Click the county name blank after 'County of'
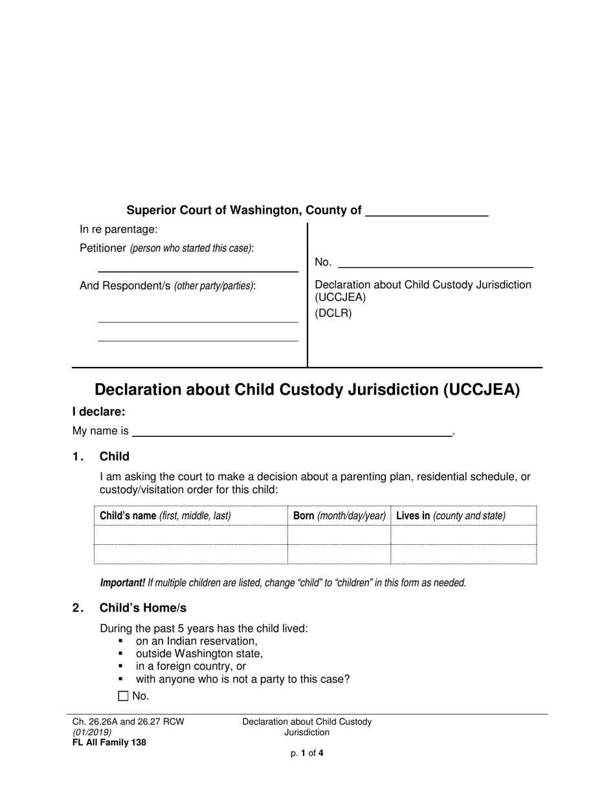pyautogui.click(x=427, y=211)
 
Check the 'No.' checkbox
pyautogui.click(x=124, y=696)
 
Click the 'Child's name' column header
pyautogui.click(x=165, y=516)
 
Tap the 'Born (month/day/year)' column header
pyautogui.click(x=339, y=516)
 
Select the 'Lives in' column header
pyautogui.click(x=451, y=516)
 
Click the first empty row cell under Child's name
pyautogui.click(x=191, y=535)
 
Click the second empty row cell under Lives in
pyautogui.click(x=464, y=555)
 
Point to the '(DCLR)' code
pyautogui.click(x=333, y=314)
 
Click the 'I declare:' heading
pyautogui.click(x=99, y=412)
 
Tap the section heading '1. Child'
pyautogui.click(x=114, y=457)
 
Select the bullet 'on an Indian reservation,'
pyautogui.click(x=196, y=641)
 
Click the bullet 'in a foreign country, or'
pyautogui.click(x=191, y=666)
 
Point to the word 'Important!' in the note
pyautogui.click(x=122, y=582)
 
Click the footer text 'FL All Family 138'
pyautogui.click(x=109, y=743)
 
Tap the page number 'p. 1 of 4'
pyautogui.click(x=307, y=753)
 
